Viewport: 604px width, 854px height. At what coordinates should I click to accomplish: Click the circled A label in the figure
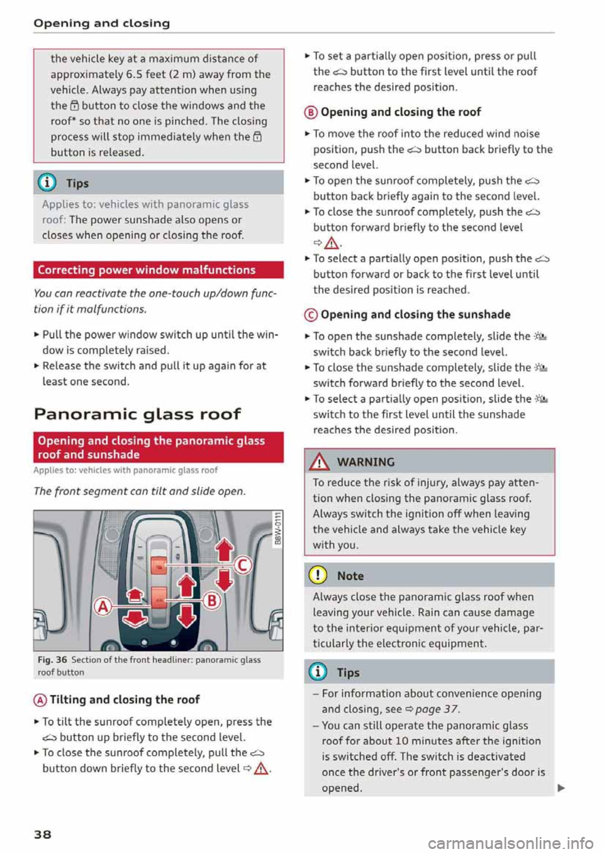(x=103, y=606)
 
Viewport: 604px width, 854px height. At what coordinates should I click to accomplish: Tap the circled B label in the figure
(x=212, y=601)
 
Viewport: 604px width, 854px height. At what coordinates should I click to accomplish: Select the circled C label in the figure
(x=242, y=565)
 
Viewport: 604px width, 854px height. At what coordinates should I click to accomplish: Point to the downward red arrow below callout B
(x=186, y=616)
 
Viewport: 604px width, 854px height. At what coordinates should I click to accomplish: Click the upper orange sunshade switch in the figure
(x=160, y=568)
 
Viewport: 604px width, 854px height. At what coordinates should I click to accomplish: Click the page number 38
(x=42, y=835)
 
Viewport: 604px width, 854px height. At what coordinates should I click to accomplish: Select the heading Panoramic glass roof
(x=137, y=414)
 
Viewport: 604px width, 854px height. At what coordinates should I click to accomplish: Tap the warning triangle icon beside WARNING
(x=320, y=462)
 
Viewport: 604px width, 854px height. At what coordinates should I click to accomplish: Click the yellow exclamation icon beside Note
(x=318, y=575)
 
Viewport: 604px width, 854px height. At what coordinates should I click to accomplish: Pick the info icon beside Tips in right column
(x=318, y=672)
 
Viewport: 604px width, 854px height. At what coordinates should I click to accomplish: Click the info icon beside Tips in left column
(x=47, y=182)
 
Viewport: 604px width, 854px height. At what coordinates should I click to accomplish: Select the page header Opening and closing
(x=101, y=23)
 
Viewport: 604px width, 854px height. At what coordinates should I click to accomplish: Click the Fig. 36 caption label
(x=52, y=660)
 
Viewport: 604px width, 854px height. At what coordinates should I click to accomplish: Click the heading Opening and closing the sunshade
(x=415, y=314)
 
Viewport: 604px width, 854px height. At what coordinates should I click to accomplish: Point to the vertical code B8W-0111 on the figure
(x=277, y=530)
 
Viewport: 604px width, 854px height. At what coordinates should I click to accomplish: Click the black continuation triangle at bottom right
(x=561, y=787)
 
